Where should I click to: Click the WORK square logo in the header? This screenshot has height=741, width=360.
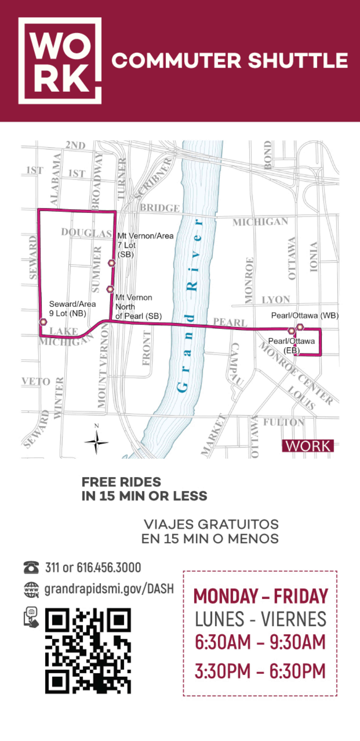pos(60,61)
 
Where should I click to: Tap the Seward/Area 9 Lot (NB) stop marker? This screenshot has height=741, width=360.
pos(43,322)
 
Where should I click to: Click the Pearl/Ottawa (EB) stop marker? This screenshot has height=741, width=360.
pos(291,331)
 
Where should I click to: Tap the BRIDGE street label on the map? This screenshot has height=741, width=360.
pos(160,208)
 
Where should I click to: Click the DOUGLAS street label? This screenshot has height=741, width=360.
pos(86,232)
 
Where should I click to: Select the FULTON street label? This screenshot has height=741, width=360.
pos(284,422)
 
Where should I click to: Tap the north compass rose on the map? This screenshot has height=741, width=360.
pos(97,442)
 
